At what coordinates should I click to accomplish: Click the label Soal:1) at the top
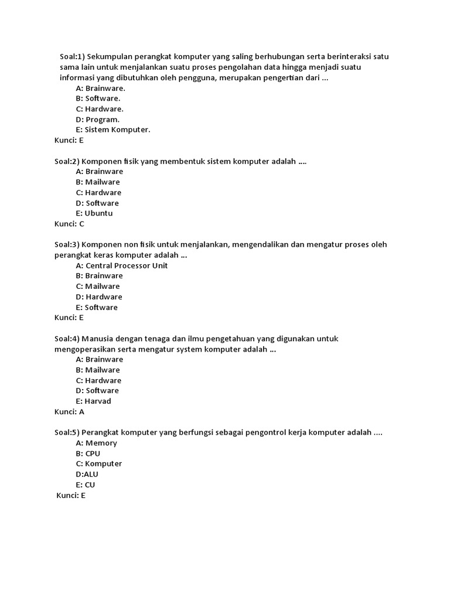(72, 57)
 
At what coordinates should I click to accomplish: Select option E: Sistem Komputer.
(113, 130)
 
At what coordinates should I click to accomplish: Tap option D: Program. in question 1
(98, 120)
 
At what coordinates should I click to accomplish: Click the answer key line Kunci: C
(69, 224)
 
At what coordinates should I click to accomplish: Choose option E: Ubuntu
(94, 213)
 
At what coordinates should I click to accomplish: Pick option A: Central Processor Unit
(122, 265)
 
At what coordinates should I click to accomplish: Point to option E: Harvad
(94, 401)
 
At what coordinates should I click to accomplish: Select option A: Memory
(97, 443)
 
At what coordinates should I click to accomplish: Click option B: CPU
(88, 454)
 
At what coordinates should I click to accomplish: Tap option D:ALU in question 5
(87, 474)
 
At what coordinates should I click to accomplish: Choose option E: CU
(86, 485)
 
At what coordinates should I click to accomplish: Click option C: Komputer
(99, 463)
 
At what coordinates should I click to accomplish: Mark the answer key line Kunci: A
(69, 412)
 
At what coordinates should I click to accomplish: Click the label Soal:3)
(66, 244)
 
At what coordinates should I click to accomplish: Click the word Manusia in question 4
(97, 339)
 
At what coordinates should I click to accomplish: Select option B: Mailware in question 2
(98, 182)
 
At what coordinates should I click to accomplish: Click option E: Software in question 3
(97, 307)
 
